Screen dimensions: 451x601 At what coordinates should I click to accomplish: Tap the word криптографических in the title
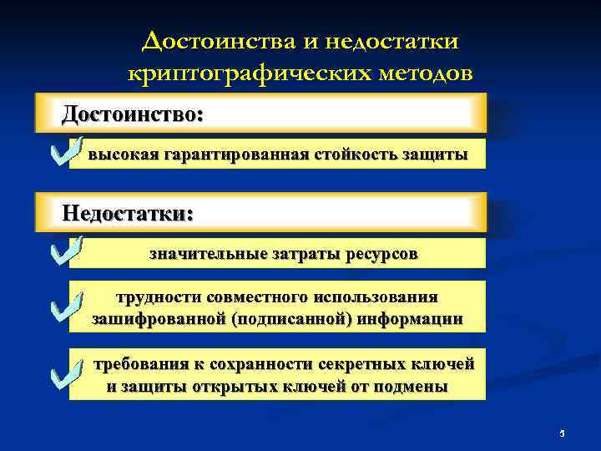click(x=236, y=73)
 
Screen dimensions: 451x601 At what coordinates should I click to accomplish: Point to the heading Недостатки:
click(x=128, y=213)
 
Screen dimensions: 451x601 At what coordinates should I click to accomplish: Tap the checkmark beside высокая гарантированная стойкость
click(x=64, y=150)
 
